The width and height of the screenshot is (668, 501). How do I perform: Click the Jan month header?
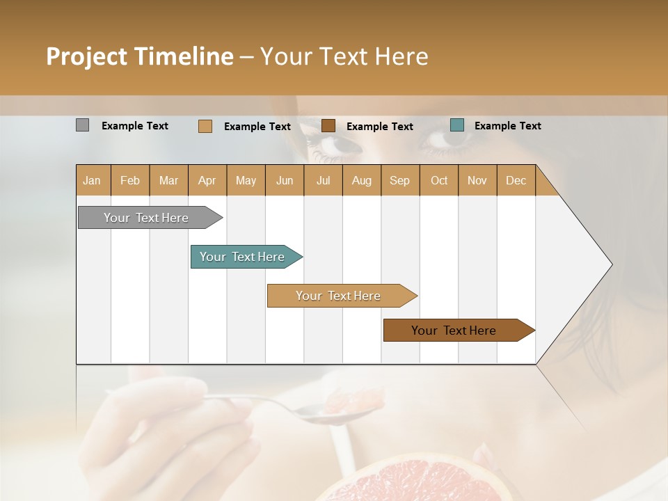coord(92,181)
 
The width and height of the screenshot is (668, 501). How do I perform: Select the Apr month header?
coord(207,181)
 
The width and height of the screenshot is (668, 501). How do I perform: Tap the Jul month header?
coord(323,181)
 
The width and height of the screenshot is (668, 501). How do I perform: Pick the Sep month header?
coord(399,181)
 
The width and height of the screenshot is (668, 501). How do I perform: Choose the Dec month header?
coord(516,181)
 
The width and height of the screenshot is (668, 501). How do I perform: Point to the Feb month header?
coord(130,181)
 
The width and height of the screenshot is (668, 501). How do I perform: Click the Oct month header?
coord(439,181)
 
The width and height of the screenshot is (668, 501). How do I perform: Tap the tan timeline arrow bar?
coord(339,296)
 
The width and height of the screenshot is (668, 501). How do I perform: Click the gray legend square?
coord(82,125)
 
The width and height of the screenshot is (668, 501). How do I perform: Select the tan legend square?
coord(205,126)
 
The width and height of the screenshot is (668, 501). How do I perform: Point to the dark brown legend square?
coord(328,126)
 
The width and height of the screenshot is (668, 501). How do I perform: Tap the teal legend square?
coord(456,125)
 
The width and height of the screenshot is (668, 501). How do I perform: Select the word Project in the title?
coord(86,56)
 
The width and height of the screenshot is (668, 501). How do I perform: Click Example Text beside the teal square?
coord(507,126)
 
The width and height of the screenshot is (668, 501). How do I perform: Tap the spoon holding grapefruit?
coord(334,411)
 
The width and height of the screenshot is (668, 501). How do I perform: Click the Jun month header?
coord(285,181)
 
